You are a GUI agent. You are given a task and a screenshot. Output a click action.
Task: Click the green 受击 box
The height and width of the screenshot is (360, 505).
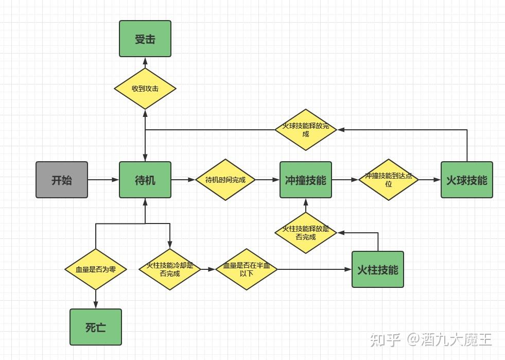tap(145, 39)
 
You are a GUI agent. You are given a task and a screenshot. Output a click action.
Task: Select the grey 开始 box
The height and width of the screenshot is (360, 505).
tap(62, 180)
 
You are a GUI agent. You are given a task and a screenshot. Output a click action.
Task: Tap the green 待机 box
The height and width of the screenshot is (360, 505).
tap(145, 180)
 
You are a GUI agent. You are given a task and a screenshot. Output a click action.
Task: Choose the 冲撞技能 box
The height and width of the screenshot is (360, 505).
tap(305, 180)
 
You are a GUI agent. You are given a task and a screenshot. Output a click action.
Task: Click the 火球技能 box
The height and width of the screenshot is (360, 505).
tap(466, 180)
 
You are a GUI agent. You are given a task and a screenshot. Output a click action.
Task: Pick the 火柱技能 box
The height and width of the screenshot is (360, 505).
tap(377, 269)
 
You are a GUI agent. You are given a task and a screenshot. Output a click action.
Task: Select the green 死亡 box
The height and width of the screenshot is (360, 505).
tap(96, 327)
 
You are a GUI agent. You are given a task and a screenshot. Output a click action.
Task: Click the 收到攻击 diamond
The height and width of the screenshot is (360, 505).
tap(145, 89)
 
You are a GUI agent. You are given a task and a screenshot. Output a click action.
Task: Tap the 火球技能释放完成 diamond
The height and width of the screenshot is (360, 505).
tap(305, 130)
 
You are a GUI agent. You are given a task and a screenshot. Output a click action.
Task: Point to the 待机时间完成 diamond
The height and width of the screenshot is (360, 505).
tap(225, 180)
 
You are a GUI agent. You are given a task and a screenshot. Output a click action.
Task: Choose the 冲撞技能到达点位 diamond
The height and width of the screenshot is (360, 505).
tap(388, 180)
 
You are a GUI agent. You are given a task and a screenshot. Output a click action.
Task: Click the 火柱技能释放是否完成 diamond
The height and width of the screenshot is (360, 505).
tap(305, 233)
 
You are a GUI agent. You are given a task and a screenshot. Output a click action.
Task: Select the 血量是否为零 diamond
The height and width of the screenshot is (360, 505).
tap(96, 269)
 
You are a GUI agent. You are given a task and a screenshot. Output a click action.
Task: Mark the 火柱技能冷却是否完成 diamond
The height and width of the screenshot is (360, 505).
tap(169, 269)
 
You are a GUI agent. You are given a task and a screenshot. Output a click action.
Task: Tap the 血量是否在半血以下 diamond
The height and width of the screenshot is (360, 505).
tap(246, 269)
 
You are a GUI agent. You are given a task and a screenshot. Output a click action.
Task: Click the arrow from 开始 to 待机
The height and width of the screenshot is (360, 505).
tap(103, 180)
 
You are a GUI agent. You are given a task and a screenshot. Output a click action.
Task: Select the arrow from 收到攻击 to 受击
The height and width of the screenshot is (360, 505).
tap(145, 62)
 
